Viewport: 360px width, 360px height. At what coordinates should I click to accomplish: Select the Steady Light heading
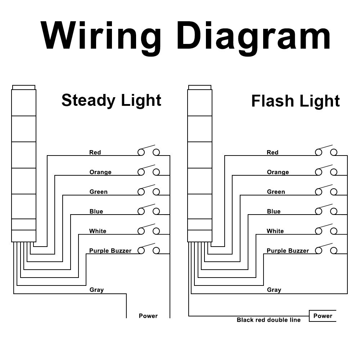pos(111,100)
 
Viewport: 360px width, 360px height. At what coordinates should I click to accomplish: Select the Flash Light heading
pos(296,101)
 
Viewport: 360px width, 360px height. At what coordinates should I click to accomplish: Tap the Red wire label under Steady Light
pos(95,152)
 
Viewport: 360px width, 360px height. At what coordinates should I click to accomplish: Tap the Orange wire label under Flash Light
pos(278,172)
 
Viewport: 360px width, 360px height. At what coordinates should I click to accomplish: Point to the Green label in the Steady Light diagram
pos(99,192)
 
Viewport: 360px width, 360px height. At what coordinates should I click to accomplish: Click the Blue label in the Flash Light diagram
pos(274,211)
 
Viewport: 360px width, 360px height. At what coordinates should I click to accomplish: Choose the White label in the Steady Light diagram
pos(98,231)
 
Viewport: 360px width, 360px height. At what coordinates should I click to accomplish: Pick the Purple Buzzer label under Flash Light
pos(288,251)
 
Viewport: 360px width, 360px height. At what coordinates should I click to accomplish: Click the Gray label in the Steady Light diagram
pos(96,290)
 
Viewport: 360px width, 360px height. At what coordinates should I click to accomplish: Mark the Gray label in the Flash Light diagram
pos(274,290)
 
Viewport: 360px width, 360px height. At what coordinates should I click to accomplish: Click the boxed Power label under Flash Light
pos(323,316)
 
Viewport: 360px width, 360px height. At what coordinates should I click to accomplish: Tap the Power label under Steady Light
pos(148,316)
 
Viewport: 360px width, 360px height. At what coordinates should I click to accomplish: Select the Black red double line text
pos(269,320)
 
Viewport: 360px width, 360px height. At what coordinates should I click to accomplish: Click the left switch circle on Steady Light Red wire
pos(141,152)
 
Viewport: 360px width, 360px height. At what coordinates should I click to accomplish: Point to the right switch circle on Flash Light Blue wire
pos(334,211)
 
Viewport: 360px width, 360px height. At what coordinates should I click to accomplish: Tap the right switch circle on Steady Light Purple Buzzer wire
pos(156,251)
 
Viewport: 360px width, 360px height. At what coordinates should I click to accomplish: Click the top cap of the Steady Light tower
pos(24,87)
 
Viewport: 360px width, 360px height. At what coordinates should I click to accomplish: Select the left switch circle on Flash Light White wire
pos(319,231)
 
